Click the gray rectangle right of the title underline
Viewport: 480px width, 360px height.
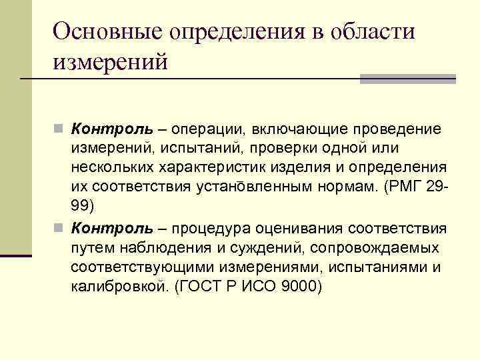pos(407,79)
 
